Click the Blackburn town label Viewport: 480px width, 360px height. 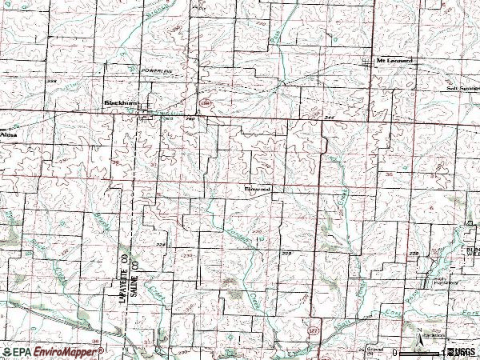pyautogui.click(x=118, y=102)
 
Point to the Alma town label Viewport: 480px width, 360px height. pyautogui.click(x=8, y=136)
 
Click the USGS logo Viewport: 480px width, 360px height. pyautogui.click(x=463, y=351)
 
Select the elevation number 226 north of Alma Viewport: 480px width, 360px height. pyautogui.click(x=53, y=82)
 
